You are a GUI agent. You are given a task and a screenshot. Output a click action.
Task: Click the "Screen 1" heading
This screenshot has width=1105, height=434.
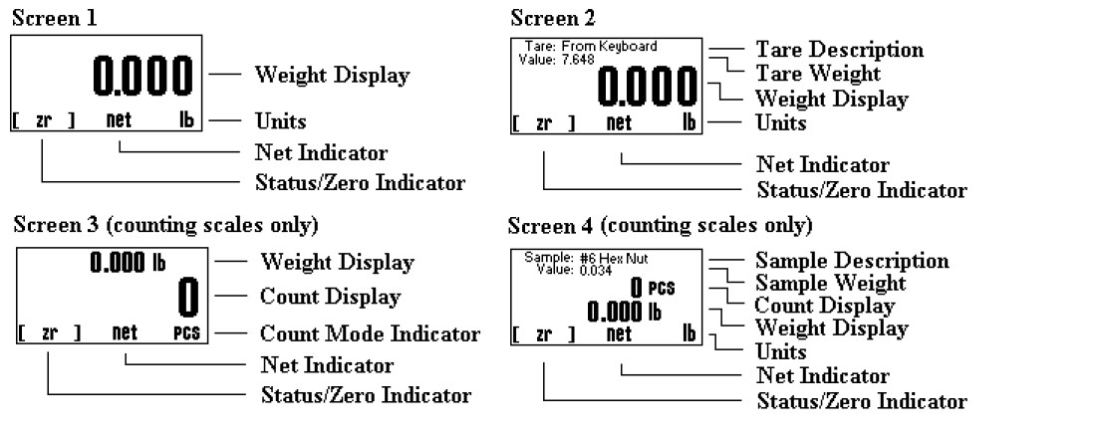pyautogui.click(x=47, y=18)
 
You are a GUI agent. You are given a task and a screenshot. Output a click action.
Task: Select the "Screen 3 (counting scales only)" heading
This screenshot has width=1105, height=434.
pyautogui.click(x=165, y=225)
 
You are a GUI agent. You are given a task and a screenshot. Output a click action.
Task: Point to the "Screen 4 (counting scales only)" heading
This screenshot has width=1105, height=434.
pyautogui.click(x=660, y=223)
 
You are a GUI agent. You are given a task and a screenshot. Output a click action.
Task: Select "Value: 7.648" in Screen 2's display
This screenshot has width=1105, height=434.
pyautogui.click(x=553, y=60)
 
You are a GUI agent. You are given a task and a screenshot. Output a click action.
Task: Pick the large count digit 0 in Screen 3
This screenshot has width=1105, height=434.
pyautogui.click(x=187, y=296)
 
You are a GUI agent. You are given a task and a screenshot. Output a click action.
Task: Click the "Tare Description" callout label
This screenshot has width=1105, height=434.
pyautogui.click(x=839, y=50)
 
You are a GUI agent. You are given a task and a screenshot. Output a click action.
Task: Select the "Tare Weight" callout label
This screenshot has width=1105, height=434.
pyautogui.click(x=817, y=74)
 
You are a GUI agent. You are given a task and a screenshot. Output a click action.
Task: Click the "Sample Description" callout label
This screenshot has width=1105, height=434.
pyautogui.click(x=852, y=261)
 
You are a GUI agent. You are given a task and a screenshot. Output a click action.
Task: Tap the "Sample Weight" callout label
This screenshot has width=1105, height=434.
pyautogui.click(x=830, y=285)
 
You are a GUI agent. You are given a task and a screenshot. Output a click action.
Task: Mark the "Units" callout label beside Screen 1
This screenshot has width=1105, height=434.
pyautogui.click(x=280, y=121)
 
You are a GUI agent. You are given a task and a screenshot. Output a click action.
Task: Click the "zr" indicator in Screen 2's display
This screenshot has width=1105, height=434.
pyautogui.click(x=544, y=124)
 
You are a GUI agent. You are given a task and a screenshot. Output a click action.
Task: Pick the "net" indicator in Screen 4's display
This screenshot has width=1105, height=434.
pyautogui.click(x=620, y=333)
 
